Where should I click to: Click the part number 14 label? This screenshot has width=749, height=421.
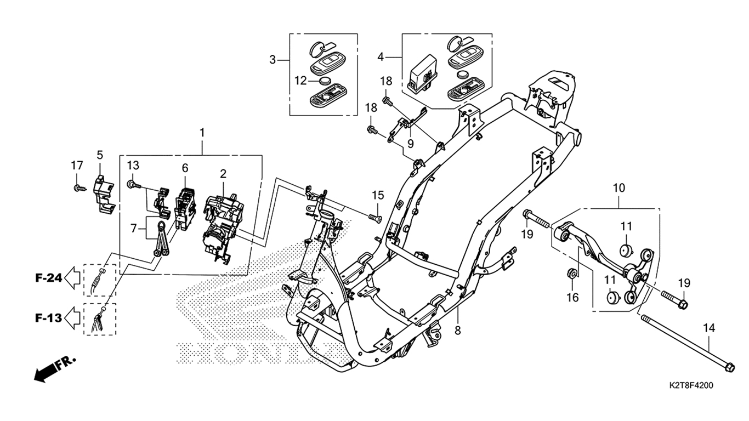[x=709, y=328]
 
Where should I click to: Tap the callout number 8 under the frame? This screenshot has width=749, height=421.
[x=457, y=331]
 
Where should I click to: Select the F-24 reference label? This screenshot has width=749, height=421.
[x=49, y=278]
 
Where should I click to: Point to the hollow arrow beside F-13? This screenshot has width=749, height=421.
[x=72, y=317]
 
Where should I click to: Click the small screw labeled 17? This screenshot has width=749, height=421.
[x=80, y=188]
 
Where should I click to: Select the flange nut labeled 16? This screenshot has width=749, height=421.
[x=572, y=273]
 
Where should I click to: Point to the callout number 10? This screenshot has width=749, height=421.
[x=619, y=188]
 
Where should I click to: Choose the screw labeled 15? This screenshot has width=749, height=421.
[x=375, y=218]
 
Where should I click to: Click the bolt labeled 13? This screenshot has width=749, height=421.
[x=133, y=185]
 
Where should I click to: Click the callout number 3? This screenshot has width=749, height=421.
[x=273, y=60]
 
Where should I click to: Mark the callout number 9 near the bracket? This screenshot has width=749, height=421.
[x=411, y=144]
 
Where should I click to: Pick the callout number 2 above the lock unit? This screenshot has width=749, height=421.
[x=223, y=174]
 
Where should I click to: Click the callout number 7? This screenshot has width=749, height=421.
[x=134, y=229]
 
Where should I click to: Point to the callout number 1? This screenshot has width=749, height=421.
[x=202, y=133]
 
